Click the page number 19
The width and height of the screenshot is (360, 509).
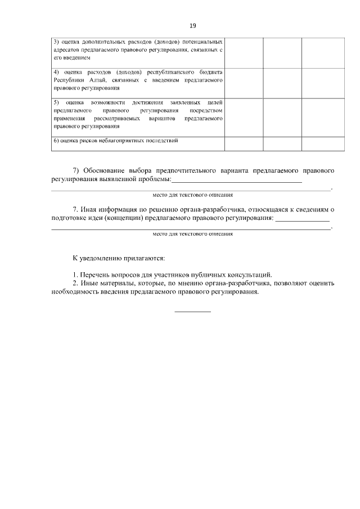click(192, 25)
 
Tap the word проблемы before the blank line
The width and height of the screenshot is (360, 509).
click(152, 179)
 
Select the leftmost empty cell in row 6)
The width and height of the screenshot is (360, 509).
click(244, 143)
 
